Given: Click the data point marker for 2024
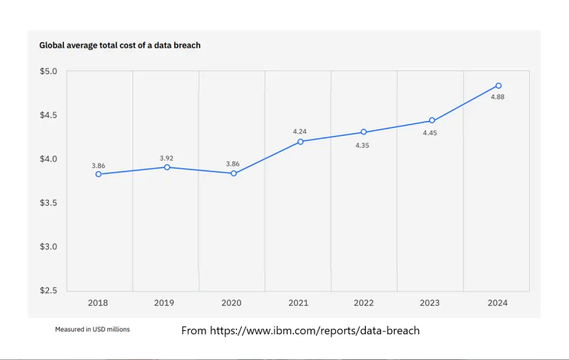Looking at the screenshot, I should tap(498, 86).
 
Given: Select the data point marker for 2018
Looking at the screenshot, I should tap(98, 174).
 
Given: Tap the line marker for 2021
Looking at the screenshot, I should tap(300, 142).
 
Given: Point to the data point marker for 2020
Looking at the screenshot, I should tap(233, 174).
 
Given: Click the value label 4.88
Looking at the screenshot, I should tap(498, 97).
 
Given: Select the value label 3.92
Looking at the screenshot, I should tap(165, 157).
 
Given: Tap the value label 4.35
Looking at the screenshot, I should tap(364, 144).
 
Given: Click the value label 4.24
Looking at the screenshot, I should tap(300, 132).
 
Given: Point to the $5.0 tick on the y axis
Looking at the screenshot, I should tap(48, 71).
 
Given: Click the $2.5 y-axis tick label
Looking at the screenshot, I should tap(48, 291).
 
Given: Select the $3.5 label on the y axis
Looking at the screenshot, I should tap(48, 203).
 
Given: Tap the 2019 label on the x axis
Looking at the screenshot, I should tap(164, 303).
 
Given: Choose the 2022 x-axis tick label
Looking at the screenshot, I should tap(363, 303).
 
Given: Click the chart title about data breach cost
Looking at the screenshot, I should tap(119, 46).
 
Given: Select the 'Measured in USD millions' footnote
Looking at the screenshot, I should tap(92, 329).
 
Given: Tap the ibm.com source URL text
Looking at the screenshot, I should tap(300, 331).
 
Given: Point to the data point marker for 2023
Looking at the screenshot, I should tap(432, 121).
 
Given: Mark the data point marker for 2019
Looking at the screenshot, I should tap(166, 167).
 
